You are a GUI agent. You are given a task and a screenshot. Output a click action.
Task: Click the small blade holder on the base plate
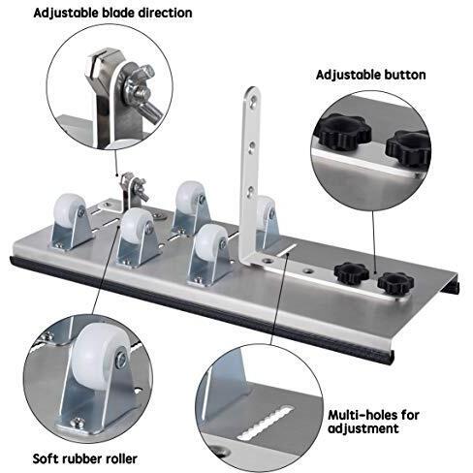(x=127, y=185)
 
